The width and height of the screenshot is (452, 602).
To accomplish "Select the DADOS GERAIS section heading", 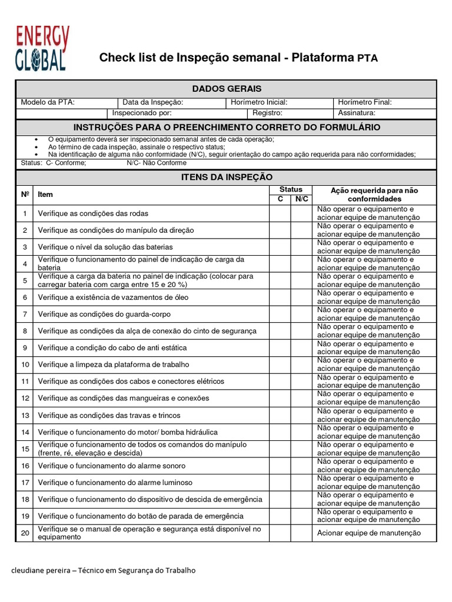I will (x=227, y=89).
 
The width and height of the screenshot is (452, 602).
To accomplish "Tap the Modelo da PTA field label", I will (x=48, y=102).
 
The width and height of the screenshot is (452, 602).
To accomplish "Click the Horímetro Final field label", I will (x=365, y=102).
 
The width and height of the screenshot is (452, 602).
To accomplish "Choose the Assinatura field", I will (x=357, y=113).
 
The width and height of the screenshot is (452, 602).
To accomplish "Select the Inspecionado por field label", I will (x=142, y=113).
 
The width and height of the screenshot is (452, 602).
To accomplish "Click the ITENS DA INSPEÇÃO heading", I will (x=227, y=177).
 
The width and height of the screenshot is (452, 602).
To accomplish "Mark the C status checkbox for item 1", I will (x=280, y=213).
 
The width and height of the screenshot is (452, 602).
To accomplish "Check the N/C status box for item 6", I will (x=301, y=297).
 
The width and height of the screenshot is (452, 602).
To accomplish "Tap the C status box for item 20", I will (x=280, y=533).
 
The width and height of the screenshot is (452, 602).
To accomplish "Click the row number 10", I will (x=25, y=364).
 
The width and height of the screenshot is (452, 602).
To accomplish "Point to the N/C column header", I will (x=301, y=199).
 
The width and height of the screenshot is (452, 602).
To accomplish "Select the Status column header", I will (x=291, y=189).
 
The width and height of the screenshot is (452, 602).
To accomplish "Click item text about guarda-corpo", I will (x=105, y=314).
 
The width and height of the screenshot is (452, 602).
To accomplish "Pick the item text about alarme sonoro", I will (x=111, y=466).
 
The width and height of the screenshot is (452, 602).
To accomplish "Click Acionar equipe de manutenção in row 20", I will (x=369, y=533).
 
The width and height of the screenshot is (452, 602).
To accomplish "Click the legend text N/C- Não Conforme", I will (x=157, y=163).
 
